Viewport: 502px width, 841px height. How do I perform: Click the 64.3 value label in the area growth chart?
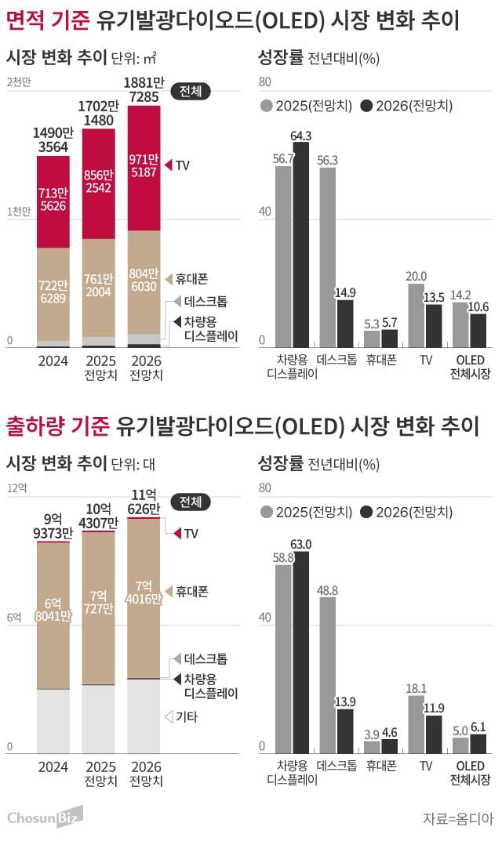click(301, 136)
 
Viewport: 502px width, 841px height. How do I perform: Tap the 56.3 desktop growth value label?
click(328, 160)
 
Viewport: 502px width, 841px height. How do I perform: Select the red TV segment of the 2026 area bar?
click(144, 168)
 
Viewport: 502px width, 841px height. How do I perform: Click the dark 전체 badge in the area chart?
click(190, 91)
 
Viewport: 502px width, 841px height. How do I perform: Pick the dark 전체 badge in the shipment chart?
click(190, 501)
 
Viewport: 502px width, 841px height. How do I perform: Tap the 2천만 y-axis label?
click(16, 83)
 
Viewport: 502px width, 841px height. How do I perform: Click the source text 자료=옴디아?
click(457, 818)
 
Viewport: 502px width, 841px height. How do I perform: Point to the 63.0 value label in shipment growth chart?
click(301, 544)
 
